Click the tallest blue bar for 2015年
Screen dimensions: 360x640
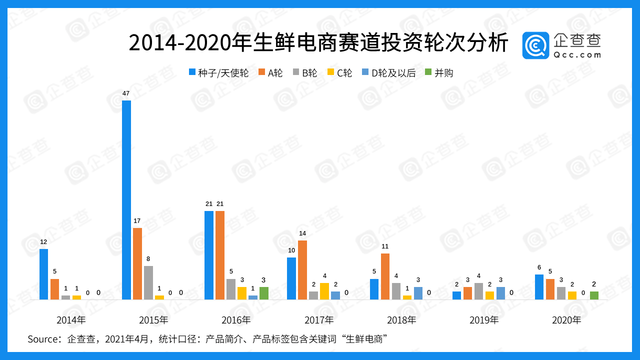pos(126,200)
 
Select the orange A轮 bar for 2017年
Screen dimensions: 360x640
pos(302,270)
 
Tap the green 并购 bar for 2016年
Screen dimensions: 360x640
pos(264,293)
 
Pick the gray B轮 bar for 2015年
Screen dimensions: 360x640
pos(148,282)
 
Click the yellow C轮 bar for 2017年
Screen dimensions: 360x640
pos(324,291)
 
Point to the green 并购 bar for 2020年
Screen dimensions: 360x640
pos(594,295)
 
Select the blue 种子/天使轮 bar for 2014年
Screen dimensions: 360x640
pos(44,274)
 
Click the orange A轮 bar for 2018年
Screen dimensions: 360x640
pos(385,276)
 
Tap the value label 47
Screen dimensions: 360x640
pos(126,93)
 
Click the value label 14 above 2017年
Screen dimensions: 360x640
pos(302,233)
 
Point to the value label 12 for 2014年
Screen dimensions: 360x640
pos(44,242)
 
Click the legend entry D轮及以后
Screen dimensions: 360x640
pos(393,73)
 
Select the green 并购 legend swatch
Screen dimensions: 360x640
pos(427,72)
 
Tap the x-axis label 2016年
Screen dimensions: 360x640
pos(236,320)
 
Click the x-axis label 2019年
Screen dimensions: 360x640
pos(484,320)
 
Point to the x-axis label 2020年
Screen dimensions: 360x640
pos(566,320)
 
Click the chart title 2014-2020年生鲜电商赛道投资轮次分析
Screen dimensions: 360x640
pos(318,43)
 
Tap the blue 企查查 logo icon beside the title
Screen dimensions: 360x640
pos(535,45)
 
